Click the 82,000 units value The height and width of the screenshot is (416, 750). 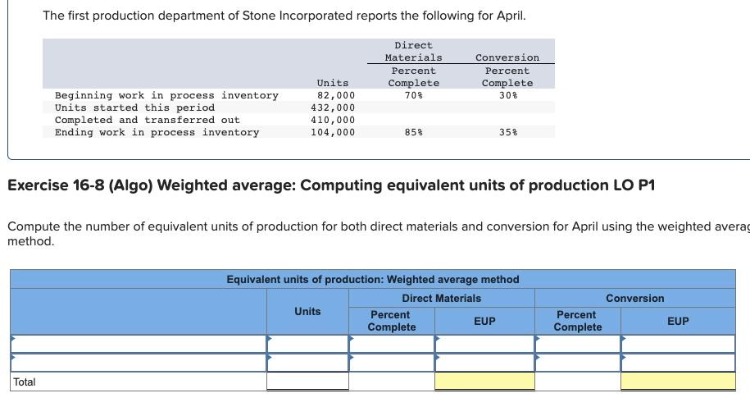point(335,95)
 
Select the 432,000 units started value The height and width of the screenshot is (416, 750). point(333,107)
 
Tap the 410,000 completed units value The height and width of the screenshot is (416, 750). point(333,120)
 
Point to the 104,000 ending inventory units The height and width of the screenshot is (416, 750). point(333,132)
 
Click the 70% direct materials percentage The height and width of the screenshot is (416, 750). point(413,95)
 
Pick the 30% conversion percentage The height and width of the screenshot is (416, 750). point(507,95)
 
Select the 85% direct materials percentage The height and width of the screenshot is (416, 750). point(413,132)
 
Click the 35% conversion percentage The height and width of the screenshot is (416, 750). point(507,132)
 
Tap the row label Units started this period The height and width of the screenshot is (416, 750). point(134,107)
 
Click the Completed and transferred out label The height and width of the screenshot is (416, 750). point(148,120)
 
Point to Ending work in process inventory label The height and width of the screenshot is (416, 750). point(157,132)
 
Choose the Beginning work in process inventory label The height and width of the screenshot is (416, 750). point(166,95)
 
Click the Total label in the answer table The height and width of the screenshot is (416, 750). point(25,382)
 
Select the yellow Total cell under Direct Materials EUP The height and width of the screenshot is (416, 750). point(484,382)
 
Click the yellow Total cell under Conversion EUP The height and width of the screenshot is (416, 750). point(678,382)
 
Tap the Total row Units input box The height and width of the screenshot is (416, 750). point(307,382)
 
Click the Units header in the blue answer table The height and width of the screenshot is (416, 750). point(307,311)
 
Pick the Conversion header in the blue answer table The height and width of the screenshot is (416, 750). point(635,298)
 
